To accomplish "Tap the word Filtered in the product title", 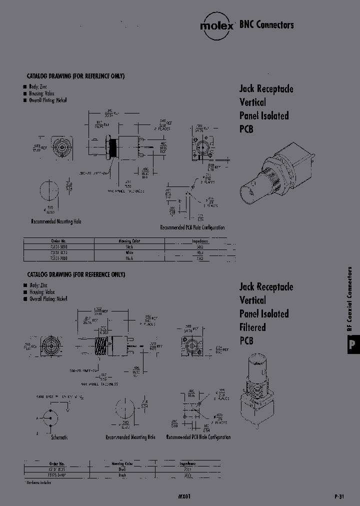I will pyautogui.click(x=252, y=327).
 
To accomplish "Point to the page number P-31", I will pyautogui.click(x=339, y=497).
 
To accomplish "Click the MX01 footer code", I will pyautogui.click(x=184, y=497).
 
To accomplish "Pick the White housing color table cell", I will pyautogui.click(x=129, y=252).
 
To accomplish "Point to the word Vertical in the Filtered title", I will pyautogui.click(x=252, y=300).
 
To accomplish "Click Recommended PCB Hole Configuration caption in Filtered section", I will pyautogui.click(x=198, y=437).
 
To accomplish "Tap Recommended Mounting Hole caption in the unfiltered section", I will pyautogui.click(x=56, y=221).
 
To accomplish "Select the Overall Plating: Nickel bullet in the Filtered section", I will pyautogui.click(x=48, y=299).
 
